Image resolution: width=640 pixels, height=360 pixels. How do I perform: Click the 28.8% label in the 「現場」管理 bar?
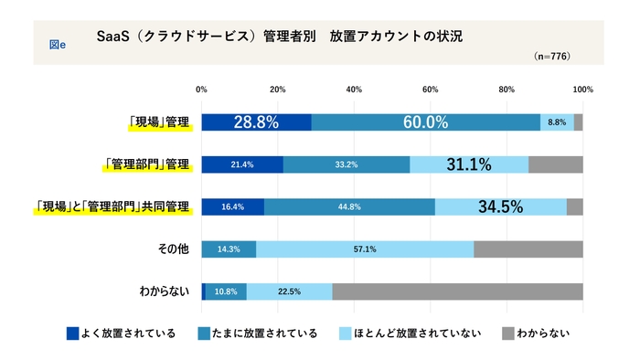[256, 122]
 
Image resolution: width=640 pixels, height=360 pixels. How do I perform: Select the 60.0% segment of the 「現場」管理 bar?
[425, 122]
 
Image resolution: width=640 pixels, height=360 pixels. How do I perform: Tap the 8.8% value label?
[557, 122]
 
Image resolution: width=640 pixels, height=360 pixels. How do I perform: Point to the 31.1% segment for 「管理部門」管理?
[469, 165]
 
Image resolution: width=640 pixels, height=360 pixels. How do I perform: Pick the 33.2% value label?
[347, 165]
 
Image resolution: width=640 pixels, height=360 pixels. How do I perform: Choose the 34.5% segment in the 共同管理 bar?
[500, 207]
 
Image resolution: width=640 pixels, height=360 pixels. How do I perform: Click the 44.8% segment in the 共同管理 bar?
[349, 207]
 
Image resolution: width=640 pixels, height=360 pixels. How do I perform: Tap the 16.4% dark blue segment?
[232, 207]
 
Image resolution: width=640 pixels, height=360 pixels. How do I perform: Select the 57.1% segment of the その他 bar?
[365, 249]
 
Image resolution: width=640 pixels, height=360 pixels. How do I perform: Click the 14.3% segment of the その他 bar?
[229, 249]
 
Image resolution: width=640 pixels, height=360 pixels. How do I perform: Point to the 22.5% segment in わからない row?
[289, 291]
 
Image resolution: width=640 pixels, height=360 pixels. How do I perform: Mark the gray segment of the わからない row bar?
[457, 291]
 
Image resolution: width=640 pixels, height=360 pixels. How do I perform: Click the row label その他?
[171, 249]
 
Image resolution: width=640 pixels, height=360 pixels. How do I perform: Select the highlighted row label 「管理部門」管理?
[147, 165]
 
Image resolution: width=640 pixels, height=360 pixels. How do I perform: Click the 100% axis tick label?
[582, 90]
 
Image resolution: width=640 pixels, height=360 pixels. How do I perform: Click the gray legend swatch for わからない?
[509, 334]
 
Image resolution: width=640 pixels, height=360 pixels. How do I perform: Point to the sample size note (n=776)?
[551, 57]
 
